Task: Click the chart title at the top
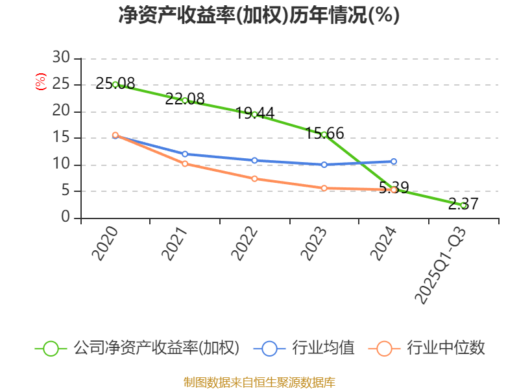click(x=259, y=16)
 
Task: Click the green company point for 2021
click(x=185, y=100)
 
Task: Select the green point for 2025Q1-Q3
click(x=463, y=205)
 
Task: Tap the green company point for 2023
click(x=324, y=135)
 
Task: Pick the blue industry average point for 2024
click(x=394, y=161)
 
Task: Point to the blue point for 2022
click(x=254, y=160)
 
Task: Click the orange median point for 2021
click(x=185, y=163)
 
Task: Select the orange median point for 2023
click(x=324, y=188)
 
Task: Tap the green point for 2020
click(x=115, y=84)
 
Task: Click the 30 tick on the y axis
click(x=61, y=58)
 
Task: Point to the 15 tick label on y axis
click(x=61, y=137)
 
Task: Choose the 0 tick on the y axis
click(x=66, y=217)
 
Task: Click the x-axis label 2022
click(x=245, y=243)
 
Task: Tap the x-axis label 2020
click(x=106, y=243)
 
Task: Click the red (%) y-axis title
click(x=41, y=82)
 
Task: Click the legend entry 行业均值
click(x=323, y=348)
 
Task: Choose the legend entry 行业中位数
click(x=446, y=348)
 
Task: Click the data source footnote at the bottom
click(x=259, y=382)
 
